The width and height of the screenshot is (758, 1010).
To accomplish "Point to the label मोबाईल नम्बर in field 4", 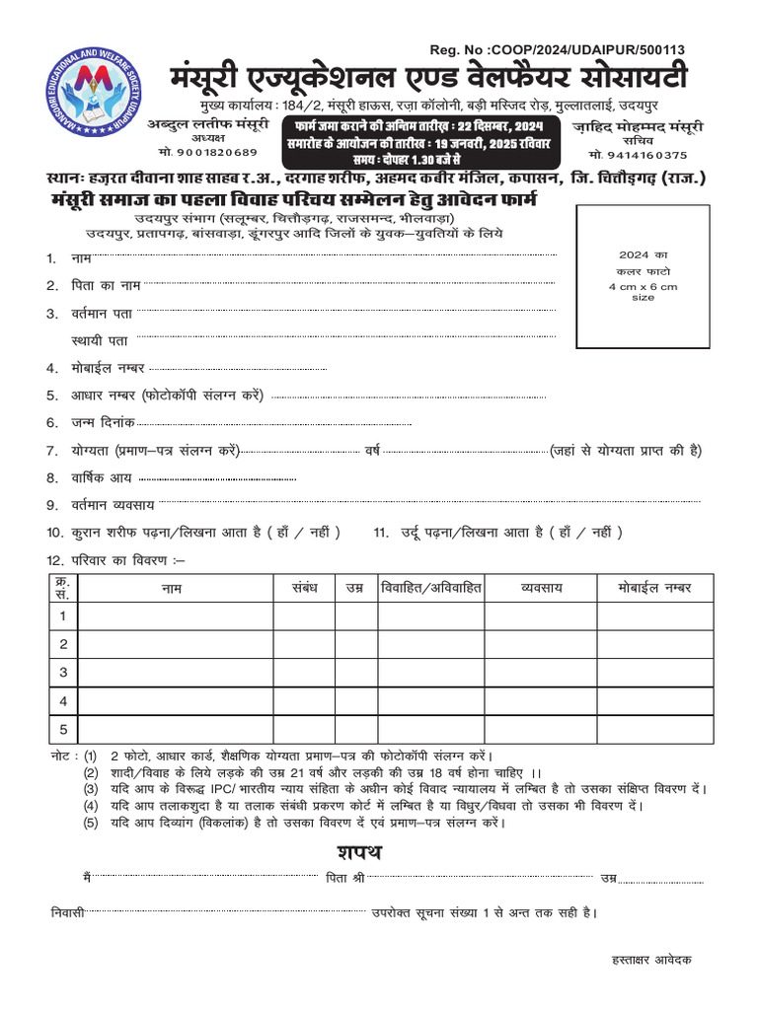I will point(109,368).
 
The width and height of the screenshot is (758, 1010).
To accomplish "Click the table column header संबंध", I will point(304,588).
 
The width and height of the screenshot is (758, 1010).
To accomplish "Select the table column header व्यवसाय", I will point(541,588).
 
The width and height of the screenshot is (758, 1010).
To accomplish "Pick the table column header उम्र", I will point(354,588).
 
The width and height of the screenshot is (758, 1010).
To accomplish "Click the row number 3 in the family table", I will point(63,673).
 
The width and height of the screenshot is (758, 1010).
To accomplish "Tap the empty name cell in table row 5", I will point(176,730).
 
